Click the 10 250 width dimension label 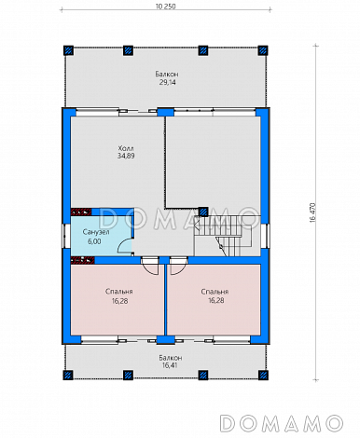tap(165, 7)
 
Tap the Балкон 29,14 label tap(167, 78)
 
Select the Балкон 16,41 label tap(170, 362)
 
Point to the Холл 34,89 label tap(126, 152)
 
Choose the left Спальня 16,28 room tap(118, 299)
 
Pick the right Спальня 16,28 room tap(214, 299)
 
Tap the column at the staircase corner tap(203, 212)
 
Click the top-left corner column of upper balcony tap(68, 50)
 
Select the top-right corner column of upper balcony tap(263, 50)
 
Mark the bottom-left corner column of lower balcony tap(68, 375)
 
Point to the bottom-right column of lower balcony tap(263, 375)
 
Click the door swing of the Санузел tap(124, 246)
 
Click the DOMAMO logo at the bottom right tap(282, 423)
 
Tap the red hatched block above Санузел tap(81, 212)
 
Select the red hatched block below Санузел tap(82, 260)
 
